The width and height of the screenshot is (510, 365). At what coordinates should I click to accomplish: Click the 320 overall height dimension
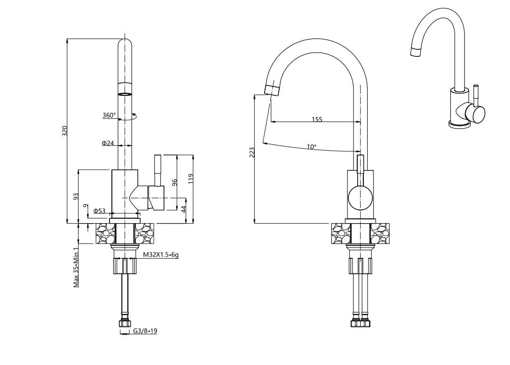65,131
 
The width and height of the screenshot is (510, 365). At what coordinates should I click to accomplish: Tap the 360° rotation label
109,115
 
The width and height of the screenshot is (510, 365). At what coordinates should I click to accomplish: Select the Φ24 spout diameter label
108,143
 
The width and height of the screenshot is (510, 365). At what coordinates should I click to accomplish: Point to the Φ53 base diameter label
99,211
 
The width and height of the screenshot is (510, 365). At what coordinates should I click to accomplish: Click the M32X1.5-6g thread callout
161,254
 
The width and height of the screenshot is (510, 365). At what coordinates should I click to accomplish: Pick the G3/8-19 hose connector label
145,331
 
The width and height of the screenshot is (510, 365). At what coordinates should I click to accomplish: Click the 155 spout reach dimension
317,119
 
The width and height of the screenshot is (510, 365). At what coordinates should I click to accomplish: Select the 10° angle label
311,147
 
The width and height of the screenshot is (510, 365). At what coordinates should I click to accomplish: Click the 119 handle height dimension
191,179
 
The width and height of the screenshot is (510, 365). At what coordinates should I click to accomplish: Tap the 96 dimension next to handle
173,182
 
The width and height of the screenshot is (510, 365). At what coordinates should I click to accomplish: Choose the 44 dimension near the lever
184,208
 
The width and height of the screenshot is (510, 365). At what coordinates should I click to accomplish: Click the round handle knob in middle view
360,198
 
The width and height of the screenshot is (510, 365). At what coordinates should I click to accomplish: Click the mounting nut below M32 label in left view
125,265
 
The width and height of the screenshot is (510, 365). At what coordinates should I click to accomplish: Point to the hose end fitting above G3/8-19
125,323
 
